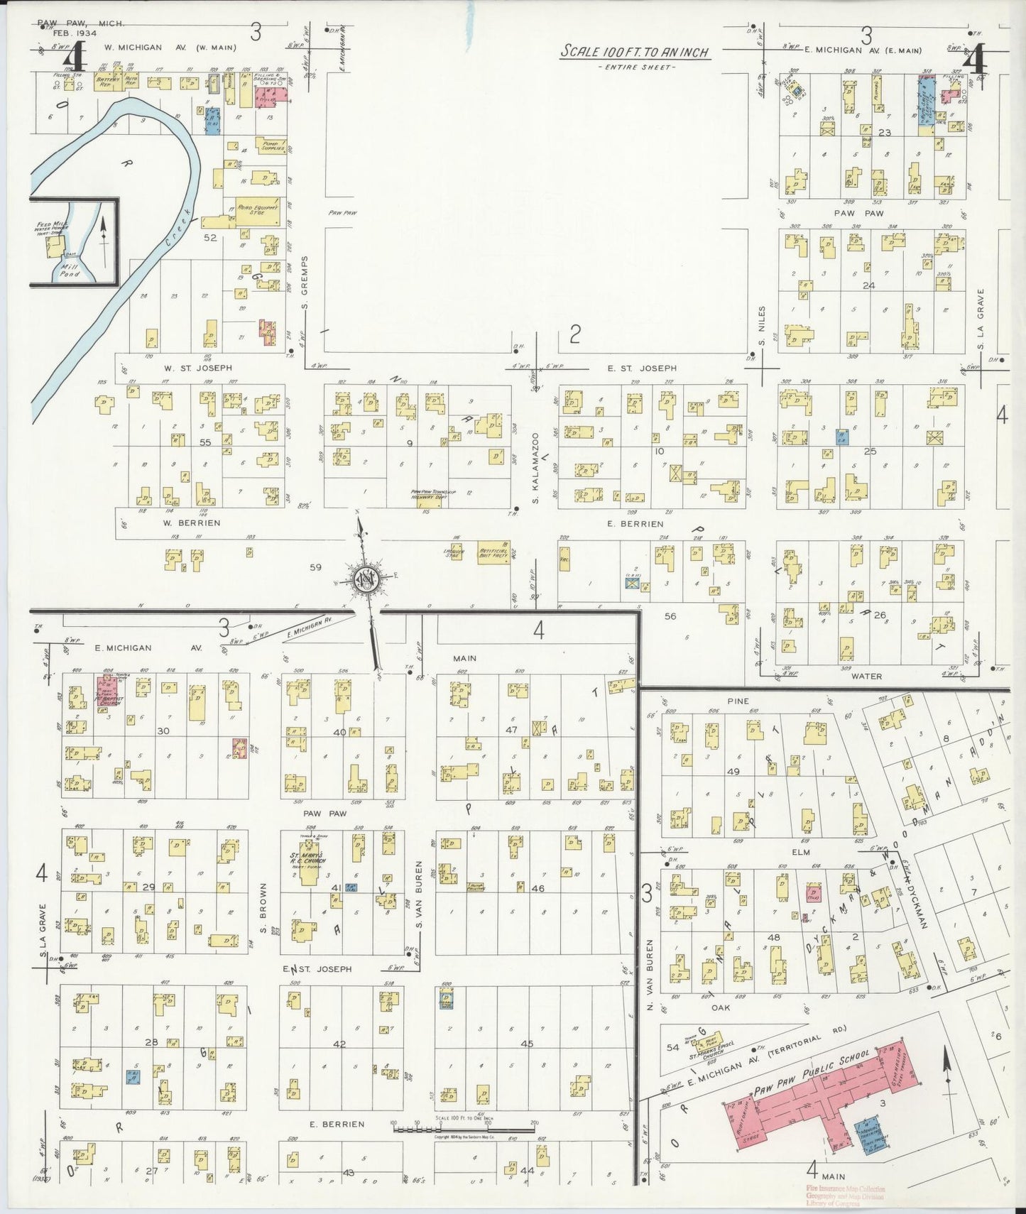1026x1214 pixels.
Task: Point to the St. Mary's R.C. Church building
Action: point(307,867)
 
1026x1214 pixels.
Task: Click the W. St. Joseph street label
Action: point(188,368)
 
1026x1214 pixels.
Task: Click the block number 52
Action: point(210,238)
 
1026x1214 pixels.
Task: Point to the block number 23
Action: point(884,133)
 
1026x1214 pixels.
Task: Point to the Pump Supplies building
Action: point(273,146)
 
